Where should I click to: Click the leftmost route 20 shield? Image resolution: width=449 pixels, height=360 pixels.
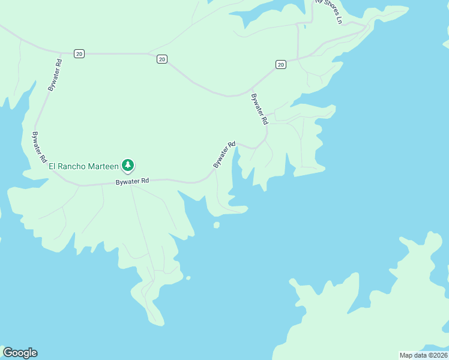(79, 54)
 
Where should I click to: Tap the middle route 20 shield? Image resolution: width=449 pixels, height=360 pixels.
(162, 59)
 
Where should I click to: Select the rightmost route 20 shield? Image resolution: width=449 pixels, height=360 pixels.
(280, 64)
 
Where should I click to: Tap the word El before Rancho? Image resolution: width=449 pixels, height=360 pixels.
(52, 166)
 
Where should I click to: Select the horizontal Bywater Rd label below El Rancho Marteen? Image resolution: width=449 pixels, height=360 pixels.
(132, 181)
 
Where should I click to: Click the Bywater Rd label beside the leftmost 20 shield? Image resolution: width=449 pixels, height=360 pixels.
(55, 74)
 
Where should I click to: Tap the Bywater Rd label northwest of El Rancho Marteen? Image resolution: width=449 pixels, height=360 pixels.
(40, 148)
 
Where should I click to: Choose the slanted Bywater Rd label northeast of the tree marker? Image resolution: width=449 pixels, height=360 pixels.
(224, 155)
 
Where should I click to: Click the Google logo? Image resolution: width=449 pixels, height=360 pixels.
(20, 353)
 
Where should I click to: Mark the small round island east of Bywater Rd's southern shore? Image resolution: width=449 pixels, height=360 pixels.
(217, 225)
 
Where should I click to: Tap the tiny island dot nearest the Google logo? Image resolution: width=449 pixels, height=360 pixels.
(188, 278)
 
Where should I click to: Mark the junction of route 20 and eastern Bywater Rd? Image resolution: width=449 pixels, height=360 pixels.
(251, 91)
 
